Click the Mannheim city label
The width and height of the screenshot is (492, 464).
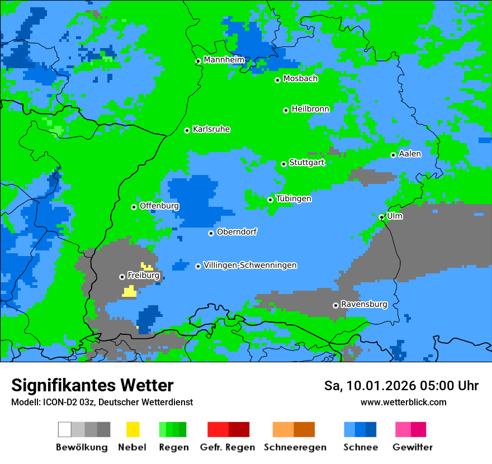point(224,60)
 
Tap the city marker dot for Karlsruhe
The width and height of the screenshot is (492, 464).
point(187,130)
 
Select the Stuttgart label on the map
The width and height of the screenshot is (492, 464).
point(307,163)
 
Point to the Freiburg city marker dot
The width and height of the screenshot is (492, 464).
point(122,277)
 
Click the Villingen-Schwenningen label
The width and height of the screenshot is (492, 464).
point(250,266)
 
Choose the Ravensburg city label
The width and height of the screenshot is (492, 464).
point(364,305)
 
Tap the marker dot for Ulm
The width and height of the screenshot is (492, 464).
point(382,217)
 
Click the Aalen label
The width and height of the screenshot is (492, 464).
point(410,154)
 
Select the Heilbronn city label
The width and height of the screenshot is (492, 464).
point(310,109)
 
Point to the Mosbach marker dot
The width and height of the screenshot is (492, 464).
point(277,80)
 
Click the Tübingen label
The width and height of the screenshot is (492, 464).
point(294,199)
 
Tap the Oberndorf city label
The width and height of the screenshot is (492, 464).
point(236,232)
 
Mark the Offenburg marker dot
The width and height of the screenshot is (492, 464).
point(134,207)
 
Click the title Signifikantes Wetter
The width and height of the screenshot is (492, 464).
point(92,386)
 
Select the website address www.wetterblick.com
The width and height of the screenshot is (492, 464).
point(403,402)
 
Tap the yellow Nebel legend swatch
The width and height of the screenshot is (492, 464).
point(133,429)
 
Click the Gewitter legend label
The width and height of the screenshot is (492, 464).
point(412,447)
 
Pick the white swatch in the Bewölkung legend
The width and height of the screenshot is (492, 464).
point(65,429)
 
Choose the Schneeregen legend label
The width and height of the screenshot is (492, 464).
point(295,447)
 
